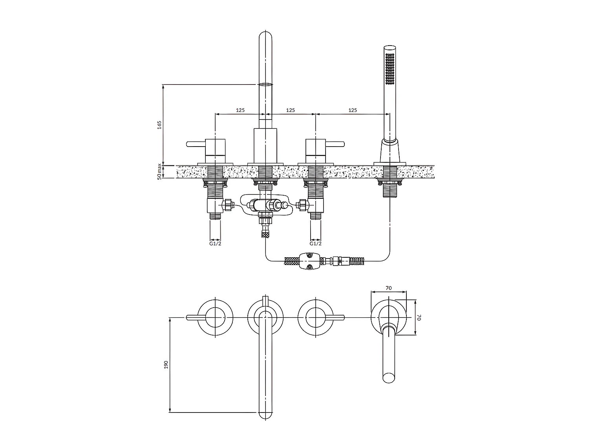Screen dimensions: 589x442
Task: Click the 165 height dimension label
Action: (159, 125)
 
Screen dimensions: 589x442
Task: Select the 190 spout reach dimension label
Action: (166, 365)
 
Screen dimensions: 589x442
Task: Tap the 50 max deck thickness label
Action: (159, 171)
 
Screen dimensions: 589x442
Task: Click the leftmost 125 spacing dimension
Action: (240, 110)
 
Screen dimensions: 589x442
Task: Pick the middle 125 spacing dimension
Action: (290, 110)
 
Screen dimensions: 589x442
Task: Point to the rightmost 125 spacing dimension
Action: (353, 110)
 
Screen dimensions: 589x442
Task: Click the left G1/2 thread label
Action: (215, 244)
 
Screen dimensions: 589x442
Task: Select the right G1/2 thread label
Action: (316, 244)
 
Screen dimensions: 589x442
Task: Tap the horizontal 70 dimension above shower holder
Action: (389, 288)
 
